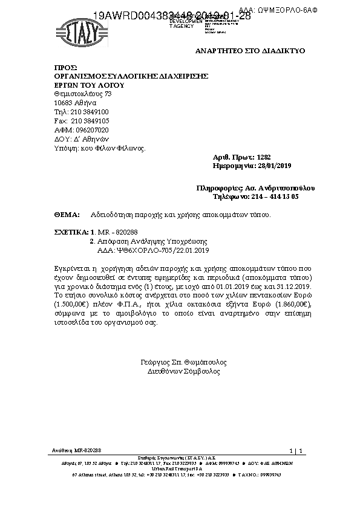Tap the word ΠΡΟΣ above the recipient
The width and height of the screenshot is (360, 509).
pyautogui.click(x=65, y=67)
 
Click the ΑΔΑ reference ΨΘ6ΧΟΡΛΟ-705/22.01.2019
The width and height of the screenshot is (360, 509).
pyautogui.click(x=153, y=249)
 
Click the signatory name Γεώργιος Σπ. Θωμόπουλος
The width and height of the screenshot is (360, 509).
pyautogui.click(x=183, y=363)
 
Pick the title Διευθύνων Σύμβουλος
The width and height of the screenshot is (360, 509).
pyautogui.click(x=183, y=372)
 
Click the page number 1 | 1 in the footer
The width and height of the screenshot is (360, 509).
pyautogui.click(x=296, y=451)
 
